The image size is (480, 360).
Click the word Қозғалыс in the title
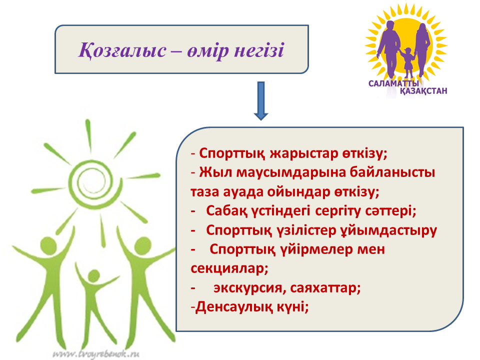(x=122, y=50)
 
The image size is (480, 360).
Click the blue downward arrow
(x=261, y=100)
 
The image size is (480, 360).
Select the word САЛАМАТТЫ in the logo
(x=393, y=83)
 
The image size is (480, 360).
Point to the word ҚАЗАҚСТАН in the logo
(x=423, y=91)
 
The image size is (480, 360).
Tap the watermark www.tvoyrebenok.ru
(x=96, y=354)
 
